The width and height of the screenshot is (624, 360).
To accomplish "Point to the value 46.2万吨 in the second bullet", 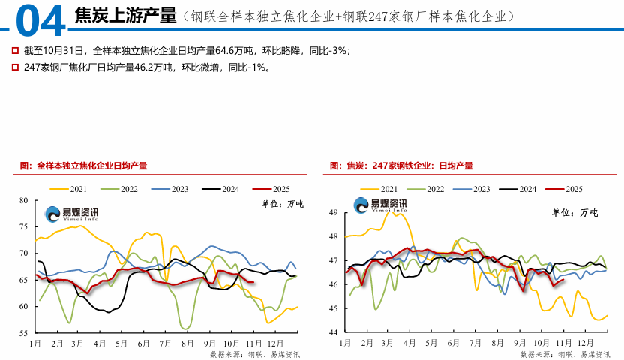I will click(139, 67).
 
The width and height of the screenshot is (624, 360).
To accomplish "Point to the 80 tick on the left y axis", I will click(22, 200).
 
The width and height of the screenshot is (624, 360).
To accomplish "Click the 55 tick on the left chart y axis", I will click(22, 332).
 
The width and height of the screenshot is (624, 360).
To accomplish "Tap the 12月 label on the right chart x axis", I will click(586, 343).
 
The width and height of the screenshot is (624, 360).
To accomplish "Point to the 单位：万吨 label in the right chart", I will click(575, 213).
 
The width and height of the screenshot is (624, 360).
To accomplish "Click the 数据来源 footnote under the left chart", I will click(255, 353).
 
